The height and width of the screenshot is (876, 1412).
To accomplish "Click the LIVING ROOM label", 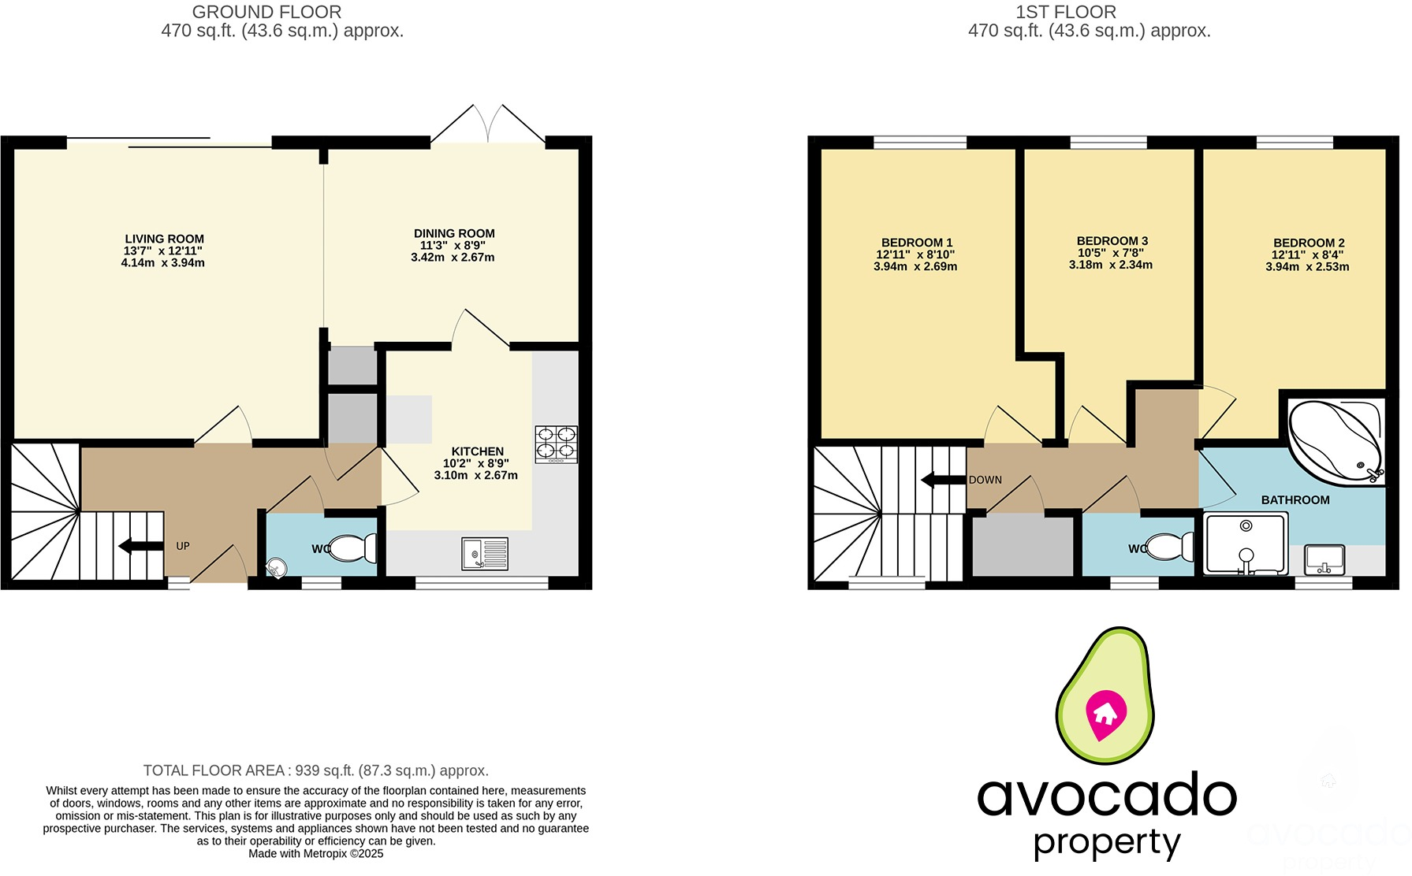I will [x=164, y=239].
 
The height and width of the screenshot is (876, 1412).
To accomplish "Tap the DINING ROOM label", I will [x=454, y=233].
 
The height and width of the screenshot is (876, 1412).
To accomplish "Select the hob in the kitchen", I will [x=556, y=444].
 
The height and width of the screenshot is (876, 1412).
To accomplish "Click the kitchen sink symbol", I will [x=484, y=554].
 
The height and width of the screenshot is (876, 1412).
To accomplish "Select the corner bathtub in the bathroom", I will [x=1335, y=442].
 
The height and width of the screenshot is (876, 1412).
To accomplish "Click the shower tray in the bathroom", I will [x=1246, y=544].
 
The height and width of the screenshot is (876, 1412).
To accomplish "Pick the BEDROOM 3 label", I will [x=1112, y=240].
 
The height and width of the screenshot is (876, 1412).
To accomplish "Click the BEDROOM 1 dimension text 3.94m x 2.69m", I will [x=915, y=267].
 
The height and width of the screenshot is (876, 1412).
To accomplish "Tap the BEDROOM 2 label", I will [x=1309, y=243].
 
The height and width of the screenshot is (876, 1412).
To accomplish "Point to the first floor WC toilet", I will [x=1170, y=547].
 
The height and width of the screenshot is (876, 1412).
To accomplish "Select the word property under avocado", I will [x=1107, y=843].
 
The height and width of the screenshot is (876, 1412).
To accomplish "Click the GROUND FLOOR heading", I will [x=266, y=13].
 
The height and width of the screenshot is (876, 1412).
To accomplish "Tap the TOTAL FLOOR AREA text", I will [x=315, y=770].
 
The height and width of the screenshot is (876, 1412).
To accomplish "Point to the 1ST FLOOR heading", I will [x=1065, y=13].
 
